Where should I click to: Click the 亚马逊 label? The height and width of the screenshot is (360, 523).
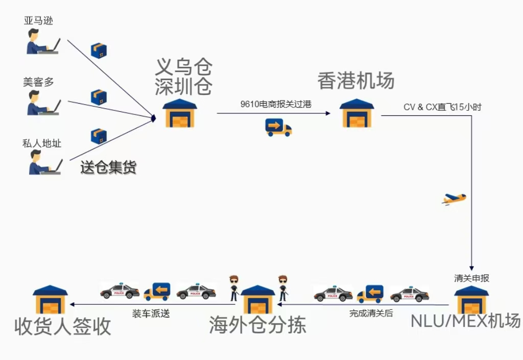[38, 21]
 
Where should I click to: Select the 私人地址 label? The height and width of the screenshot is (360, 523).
[42, 143]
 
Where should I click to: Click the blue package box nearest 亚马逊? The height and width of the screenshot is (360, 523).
[99, 51]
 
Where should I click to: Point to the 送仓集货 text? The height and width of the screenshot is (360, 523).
[108, 167]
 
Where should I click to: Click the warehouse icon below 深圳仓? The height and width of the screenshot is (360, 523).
[180, 113]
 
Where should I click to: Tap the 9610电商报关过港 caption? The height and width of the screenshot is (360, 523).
[276, 104]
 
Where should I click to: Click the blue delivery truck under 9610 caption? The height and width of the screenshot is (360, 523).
[278, 127]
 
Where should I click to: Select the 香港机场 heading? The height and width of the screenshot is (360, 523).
[355, 81]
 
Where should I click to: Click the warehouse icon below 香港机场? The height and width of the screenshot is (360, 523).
[356, 113]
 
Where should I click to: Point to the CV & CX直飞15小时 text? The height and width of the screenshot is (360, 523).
[442, 107]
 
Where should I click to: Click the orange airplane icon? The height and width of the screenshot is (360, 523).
[454, 199]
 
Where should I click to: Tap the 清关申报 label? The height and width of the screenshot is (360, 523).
[471, 278]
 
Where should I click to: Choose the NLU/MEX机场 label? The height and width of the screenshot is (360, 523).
[465, 321]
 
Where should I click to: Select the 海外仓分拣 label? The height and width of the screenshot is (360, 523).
[257, 325]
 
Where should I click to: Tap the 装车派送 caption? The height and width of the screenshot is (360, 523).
[151, 314]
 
